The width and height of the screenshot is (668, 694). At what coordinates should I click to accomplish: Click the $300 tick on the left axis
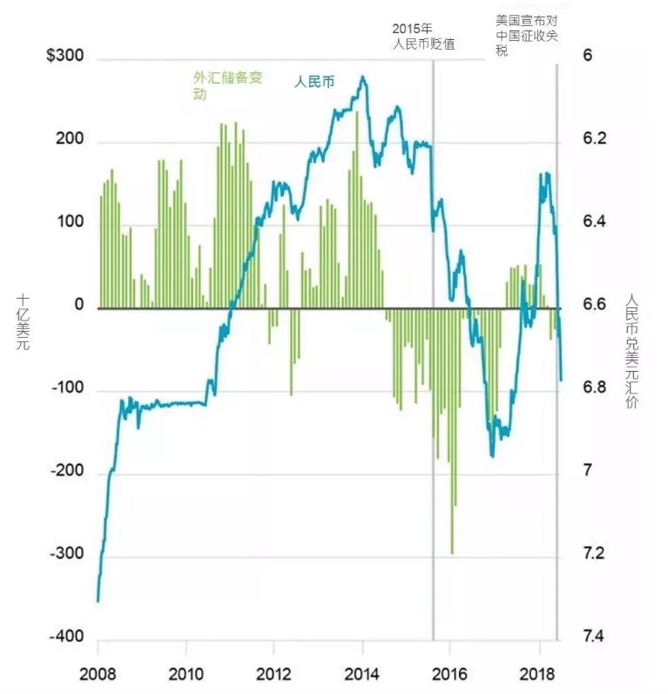65,57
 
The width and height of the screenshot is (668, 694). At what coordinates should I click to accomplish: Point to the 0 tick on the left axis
78,306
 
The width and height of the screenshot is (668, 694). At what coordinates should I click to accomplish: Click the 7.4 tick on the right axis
594,637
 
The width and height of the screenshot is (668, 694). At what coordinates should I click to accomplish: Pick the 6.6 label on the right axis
594,305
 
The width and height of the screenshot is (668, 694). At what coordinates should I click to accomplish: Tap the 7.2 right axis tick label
594,554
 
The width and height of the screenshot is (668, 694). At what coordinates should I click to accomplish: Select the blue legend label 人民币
314,84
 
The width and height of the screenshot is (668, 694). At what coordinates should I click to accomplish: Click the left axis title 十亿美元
24,322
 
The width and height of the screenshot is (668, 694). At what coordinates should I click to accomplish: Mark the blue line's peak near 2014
362,77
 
